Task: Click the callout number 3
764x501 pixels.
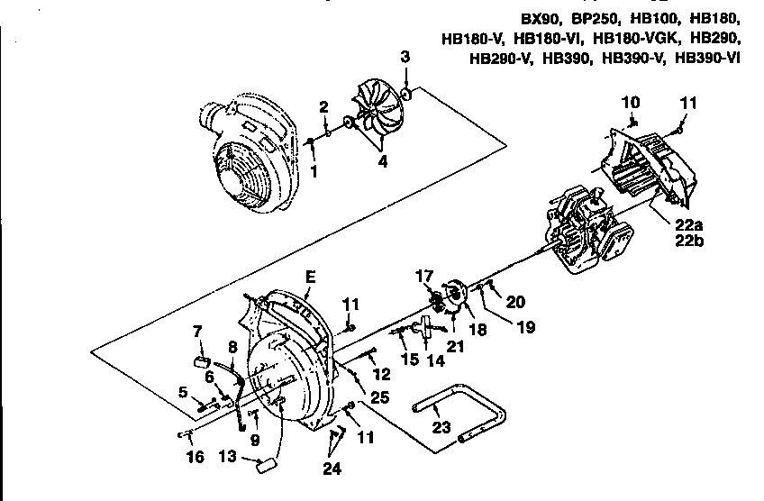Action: click(x=405, y=58)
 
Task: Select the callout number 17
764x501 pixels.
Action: click(x=423, y=276)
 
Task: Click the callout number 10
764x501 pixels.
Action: click(x=631, y=101)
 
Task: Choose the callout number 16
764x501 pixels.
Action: click(x=194, y=458)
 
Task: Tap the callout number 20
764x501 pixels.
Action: click(x=514, y=303)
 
